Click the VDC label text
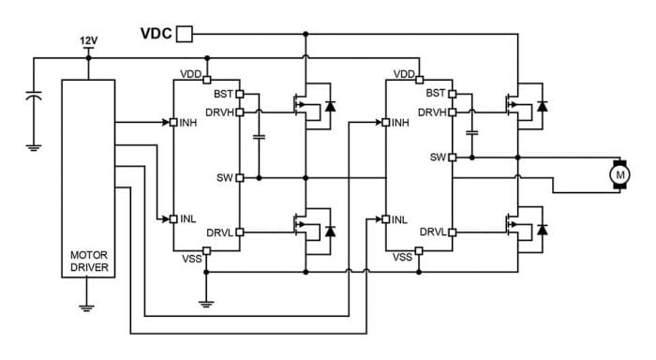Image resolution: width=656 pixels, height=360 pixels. click(156, 34)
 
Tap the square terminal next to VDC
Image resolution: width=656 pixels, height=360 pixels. click(185, 34)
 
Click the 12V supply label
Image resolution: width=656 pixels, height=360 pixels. click(89, 40)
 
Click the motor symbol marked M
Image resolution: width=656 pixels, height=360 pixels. click(619, 173)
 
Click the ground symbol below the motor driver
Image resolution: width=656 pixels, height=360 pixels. click(87, 306)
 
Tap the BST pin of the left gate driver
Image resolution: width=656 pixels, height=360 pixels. click(240, 94)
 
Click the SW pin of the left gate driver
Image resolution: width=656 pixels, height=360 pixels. click(240, 176)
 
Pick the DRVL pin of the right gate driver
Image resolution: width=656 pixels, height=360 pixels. click(452, 232)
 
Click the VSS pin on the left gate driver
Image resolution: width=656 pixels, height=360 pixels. click(206, 250)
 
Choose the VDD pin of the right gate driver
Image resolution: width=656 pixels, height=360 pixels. click(419, 79)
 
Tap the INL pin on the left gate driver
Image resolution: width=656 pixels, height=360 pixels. click(173, 218)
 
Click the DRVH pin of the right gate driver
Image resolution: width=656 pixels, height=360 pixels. click(452, 112)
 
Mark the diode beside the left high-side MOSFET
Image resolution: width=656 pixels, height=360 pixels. click(329, 107)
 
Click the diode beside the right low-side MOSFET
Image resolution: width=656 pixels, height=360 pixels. click(542, 229)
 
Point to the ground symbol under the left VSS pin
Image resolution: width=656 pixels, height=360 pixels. click(206, 302)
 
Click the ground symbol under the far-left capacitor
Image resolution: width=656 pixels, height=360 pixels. click(34, 145)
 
